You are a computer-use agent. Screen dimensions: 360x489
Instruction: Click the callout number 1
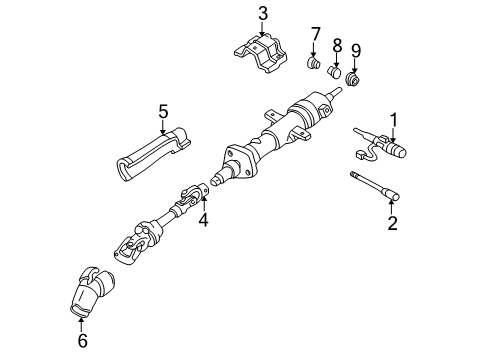pos(394,120)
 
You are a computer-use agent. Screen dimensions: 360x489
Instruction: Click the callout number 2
pos(392,223)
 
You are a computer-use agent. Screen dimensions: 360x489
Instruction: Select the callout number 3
pos(263,13)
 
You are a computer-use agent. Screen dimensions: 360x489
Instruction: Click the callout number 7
pos(315,38)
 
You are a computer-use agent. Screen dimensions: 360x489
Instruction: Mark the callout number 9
pos(356,50)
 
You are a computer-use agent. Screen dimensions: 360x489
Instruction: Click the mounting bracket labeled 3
pos(262,55)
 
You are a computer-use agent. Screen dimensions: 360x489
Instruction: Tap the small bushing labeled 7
pos(314,67)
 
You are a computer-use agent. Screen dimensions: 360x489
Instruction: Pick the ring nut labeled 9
pos(353,79)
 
